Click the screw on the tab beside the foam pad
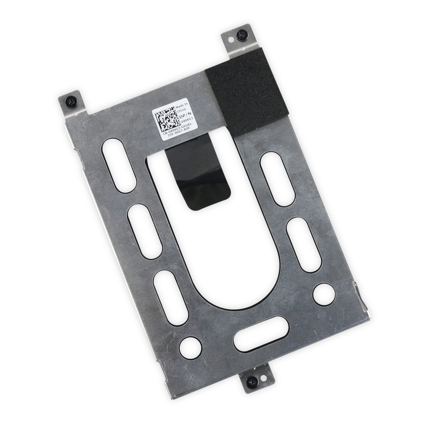(x=242, y=35)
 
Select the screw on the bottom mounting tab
(x=252, y=382)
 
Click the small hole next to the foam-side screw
(x=231, y=39)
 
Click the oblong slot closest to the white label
(x=119, y=165)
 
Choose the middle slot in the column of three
(x=145, y=231)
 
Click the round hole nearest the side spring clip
(x=324, y=294)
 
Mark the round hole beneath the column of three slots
(x=190, y=348)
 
